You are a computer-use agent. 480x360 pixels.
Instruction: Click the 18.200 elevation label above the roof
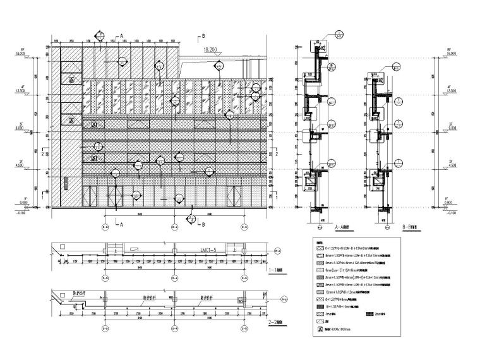click(x=211, y=47)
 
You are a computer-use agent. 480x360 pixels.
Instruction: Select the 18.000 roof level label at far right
click(x=450, y=54)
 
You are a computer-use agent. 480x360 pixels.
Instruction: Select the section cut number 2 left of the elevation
click(x=42, y=153)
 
